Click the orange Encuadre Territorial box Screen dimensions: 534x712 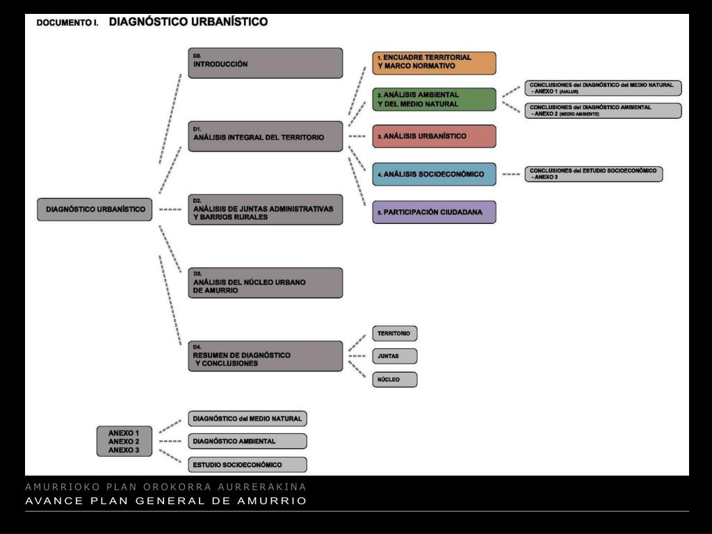coord(434,63)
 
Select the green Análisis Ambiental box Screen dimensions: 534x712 coord(434,99)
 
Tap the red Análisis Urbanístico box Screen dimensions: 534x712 coord(434,136)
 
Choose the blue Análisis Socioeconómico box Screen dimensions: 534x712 coord(434,174)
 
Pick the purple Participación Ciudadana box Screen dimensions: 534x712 coord(434,212)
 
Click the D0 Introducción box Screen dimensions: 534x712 coord(265,63)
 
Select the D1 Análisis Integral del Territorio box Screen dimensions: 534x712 coord(265,136)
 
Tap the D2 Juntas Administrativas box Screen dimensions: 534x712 coord(265,209)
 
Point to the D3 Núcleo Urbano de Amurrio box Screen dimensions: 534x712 coord(265,283)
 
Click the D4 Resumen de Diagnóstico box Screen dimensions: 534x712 coord(265,356)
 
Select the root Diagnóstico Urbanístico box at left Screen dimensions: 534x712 coord(95,209)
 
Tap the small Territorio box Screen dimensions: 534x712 coord(394,334)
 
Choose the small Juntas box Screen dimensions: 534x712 coord(394,357)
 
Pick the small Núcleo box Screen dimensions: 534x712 coord(394,380)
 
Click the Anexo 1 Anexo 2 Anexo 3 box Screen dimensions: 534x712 coord(124,442)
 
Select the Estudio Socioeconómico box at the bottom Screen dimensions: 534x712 coord(247,464)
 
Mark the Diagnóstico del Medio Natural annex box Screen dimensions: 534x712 coord(247,419)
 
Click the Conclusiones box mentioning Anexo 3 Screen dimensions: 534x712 coord(593,174)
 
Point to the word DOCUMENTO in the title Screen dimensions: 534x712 coord(65,23)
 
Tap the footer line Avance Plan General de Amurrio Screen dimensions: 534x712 coord(165,501)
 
